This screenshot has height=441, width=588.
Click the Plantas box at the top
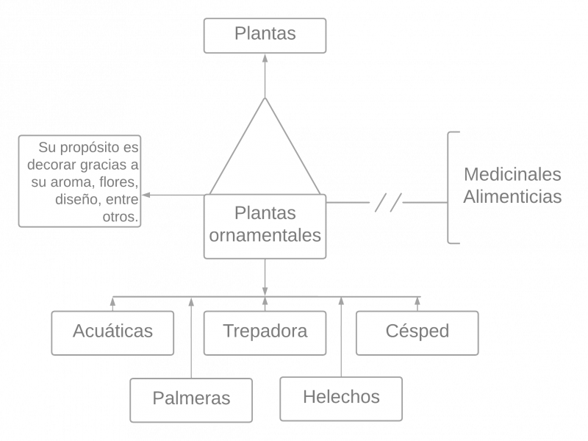(x=265, y=35)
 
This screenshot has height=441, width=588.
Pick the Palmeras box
(x=191, y=399)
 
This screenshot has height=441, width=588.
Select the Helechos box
(x=341, y=398)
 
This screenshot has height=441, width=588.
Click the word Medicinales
(x=512, y=175)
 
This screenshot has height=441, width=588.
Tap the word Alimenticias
(x=512, y=197)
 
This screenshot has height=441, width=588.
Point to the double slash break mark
(x=388, y=202)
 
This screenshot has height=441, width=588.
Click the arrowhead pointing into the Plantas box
(x=265, y=59)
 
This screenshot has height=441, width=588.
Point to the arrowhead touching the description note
(x=145, y=196)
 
